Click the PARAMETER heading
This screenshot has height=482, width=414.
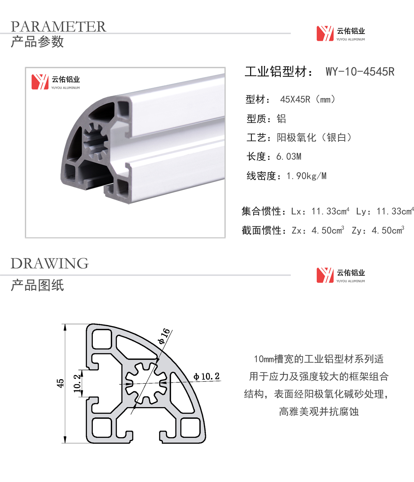[x=58, y=26]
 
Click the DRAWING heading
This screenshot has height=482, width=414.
[x=50, y=264]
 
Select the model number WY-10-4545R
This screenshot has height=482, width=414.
[x=360, y=71]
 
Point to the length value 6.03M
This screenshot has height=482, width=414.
[x=289, y=157]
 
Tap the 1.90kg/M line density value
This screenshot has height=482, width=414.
[x=306, y=176]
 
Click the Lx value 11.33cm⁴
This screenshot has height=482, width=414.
[x=330, y=211]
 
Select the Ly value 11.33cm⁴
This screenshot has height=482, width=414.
[x=395, y=211]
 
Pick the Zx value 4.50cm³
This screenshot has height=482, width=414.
[x=328, y=230]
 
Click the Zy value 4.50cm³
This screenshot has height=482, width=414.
[x=388, y=230]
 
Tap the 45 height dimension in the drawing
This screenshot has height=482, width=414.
[x=60, y=383]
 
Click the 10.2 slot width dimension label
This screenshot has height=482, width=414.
[x=77, y=384]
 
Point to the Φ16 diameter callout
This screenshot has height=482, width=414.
[x=164, y=336]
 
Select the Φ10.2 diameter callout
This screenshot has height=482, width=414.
[x=206, y=376]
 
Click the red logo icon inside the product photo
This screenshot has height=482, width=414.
[x=40, y=82]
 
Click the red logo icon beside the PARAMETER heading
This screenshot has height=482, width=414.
[x=325, y=33]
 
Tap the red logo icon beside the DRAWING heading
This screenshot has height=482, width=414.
[x=325, y=275]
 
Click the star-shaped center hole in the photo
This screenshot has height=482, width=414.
[x=96, y=141]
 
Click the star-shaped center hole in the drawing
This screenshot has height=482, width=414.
[x=146, y=383]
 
